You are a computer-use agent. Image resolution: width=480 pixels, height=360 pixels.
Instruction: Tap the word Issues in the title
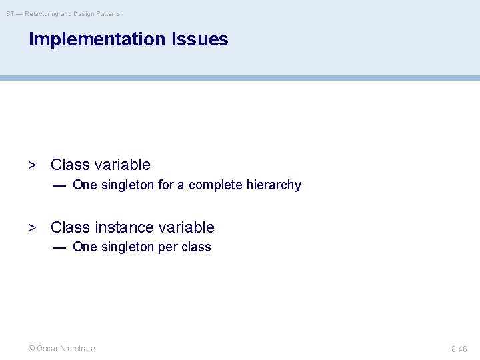[199, 39]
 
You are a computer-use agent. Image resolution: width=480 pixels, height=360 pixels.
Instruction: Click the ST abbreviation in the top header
[10, 14]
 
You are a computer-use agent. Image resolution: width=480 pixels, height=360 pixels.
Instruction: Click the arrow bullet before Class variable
[32, 165]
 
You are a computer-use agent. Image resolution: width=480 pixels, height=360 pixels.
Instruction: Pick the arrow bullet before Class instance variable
[32, 227]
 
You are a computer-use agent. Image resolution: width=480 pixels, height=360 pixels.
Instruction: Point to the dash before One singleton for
[59, 185]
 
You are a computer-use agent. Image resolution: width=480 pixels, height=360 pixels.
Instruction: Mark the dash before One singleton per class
[59, 247]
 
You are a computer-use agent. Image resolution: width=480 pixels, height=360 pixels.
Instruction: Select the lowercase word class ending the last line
[197, 247]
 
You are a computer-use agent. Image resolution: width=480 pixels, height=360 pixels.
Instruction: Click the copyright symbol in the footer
[31, 349]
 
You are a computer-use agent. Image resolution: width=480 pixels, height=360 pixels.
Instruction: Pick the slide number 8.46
[459, 349]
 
